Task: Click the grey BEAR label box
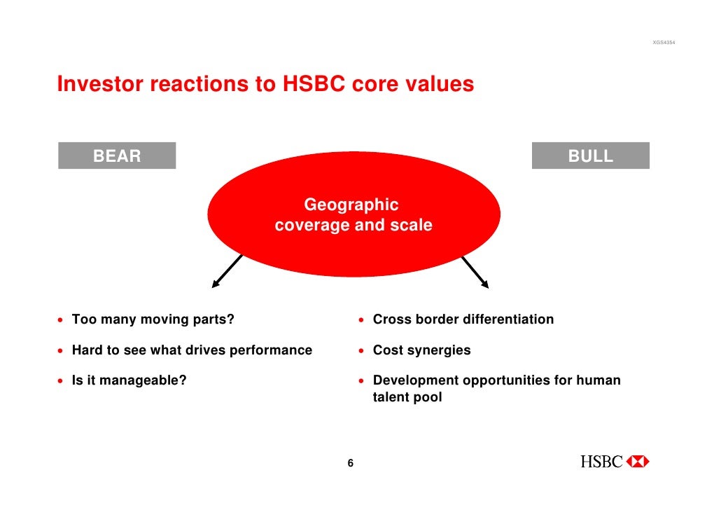(117, 156)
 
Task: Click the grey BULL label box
(590, 156)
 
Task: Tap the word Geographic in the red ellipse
(351, 205)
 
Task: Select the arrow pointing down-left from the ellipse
(227, 271)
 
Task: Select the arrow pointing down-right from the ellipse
(475, 271)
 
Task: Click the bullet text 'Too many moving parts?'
(153, 320)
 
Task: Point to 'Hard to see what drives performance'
(192, 350)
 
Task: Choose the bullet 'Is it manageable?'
(129, 381)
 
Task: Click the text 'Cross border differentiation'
(463, 320)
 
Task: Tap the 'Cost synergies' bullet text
(421, 350)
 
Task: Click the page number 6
(351, 463)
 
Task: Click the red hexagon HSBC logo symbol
(638, 462)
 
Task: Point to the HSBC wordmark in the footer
(601, 462)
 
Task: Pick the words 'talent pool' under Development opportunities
(407, 398)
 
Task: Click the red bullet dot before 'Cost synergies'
(362, 351)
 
